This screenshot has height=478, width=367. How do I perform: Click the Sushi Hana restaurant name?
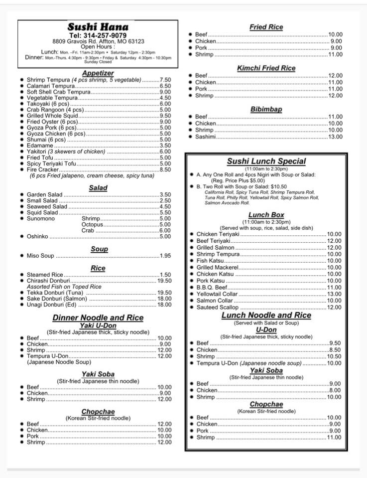click(x=98, y=27)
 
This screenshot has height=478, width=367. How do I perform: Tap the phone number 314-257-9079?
click(x=98, y=35)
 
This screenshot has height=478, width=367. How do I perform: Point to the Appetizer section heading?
click(x=98, y=73)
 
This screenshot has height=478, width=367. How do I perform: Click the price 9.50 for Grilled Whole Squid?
click(x=165, y=116)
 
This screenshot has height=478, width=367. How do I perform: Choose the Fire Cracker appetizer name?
click(x=42, y=169)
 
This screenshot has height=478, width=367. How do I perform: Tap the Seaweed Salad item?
click(x=47, y=206)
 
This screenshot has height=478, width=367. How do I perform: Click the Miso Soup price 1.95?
click(x=165, y=256)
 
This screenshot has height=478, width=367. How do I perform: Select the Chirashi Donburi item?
click(x=48, y=281)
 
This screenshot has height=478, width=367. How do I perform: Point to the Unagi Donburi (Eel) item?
click(x=51, y=305)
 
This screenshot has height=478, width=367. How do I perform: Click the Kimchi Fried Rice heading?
click(x=266, y=68)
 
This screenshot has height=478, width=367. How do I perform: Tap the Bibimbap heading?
click(x=266, y=109)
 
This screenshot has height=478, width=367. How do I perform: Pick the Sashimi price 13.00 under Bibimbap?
click(x=335, y=137)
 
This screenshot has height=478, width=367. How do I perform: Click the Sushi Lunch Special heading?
click(x=266, y=161)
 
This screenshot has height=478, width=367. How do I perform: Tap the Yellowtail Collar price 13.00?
click(x=335, y=294)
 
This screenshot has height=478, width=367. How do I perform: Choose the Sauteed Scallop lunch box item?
click(x=217, y=308)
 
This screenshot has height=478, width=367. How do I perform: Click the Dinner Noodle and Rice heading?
click(x=98, y=318)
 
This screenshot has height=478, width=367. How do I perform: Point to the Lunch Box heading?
click(x=266, y=215)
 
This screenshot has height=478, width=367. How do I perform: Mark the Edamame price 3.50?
click(x=165, y=146)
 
